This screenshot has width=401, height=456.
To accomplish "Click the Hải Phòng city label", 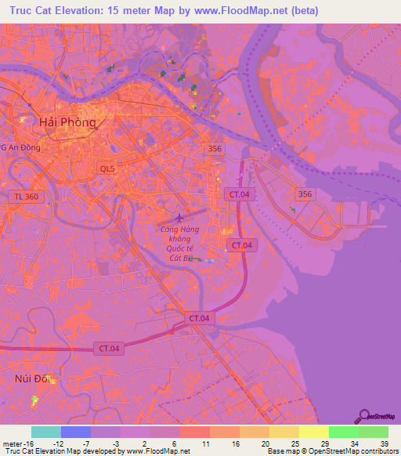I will coord(67,122).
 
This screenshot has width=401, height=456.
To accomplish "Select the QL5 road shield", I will coord(108,168).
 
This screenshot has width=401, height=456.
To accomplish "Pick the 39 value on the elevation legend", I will coord(385,443).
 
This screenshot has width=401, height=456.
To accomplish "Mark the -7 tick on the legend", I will coord(91,443).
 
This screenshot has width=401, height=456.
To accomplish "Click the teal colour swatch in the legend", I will coord(46,432).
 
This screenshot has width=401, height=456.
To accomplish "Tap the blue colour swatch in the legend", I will coord(76,432).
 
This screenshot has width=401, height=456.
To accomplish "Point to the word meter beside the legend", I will coord(11,443).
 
